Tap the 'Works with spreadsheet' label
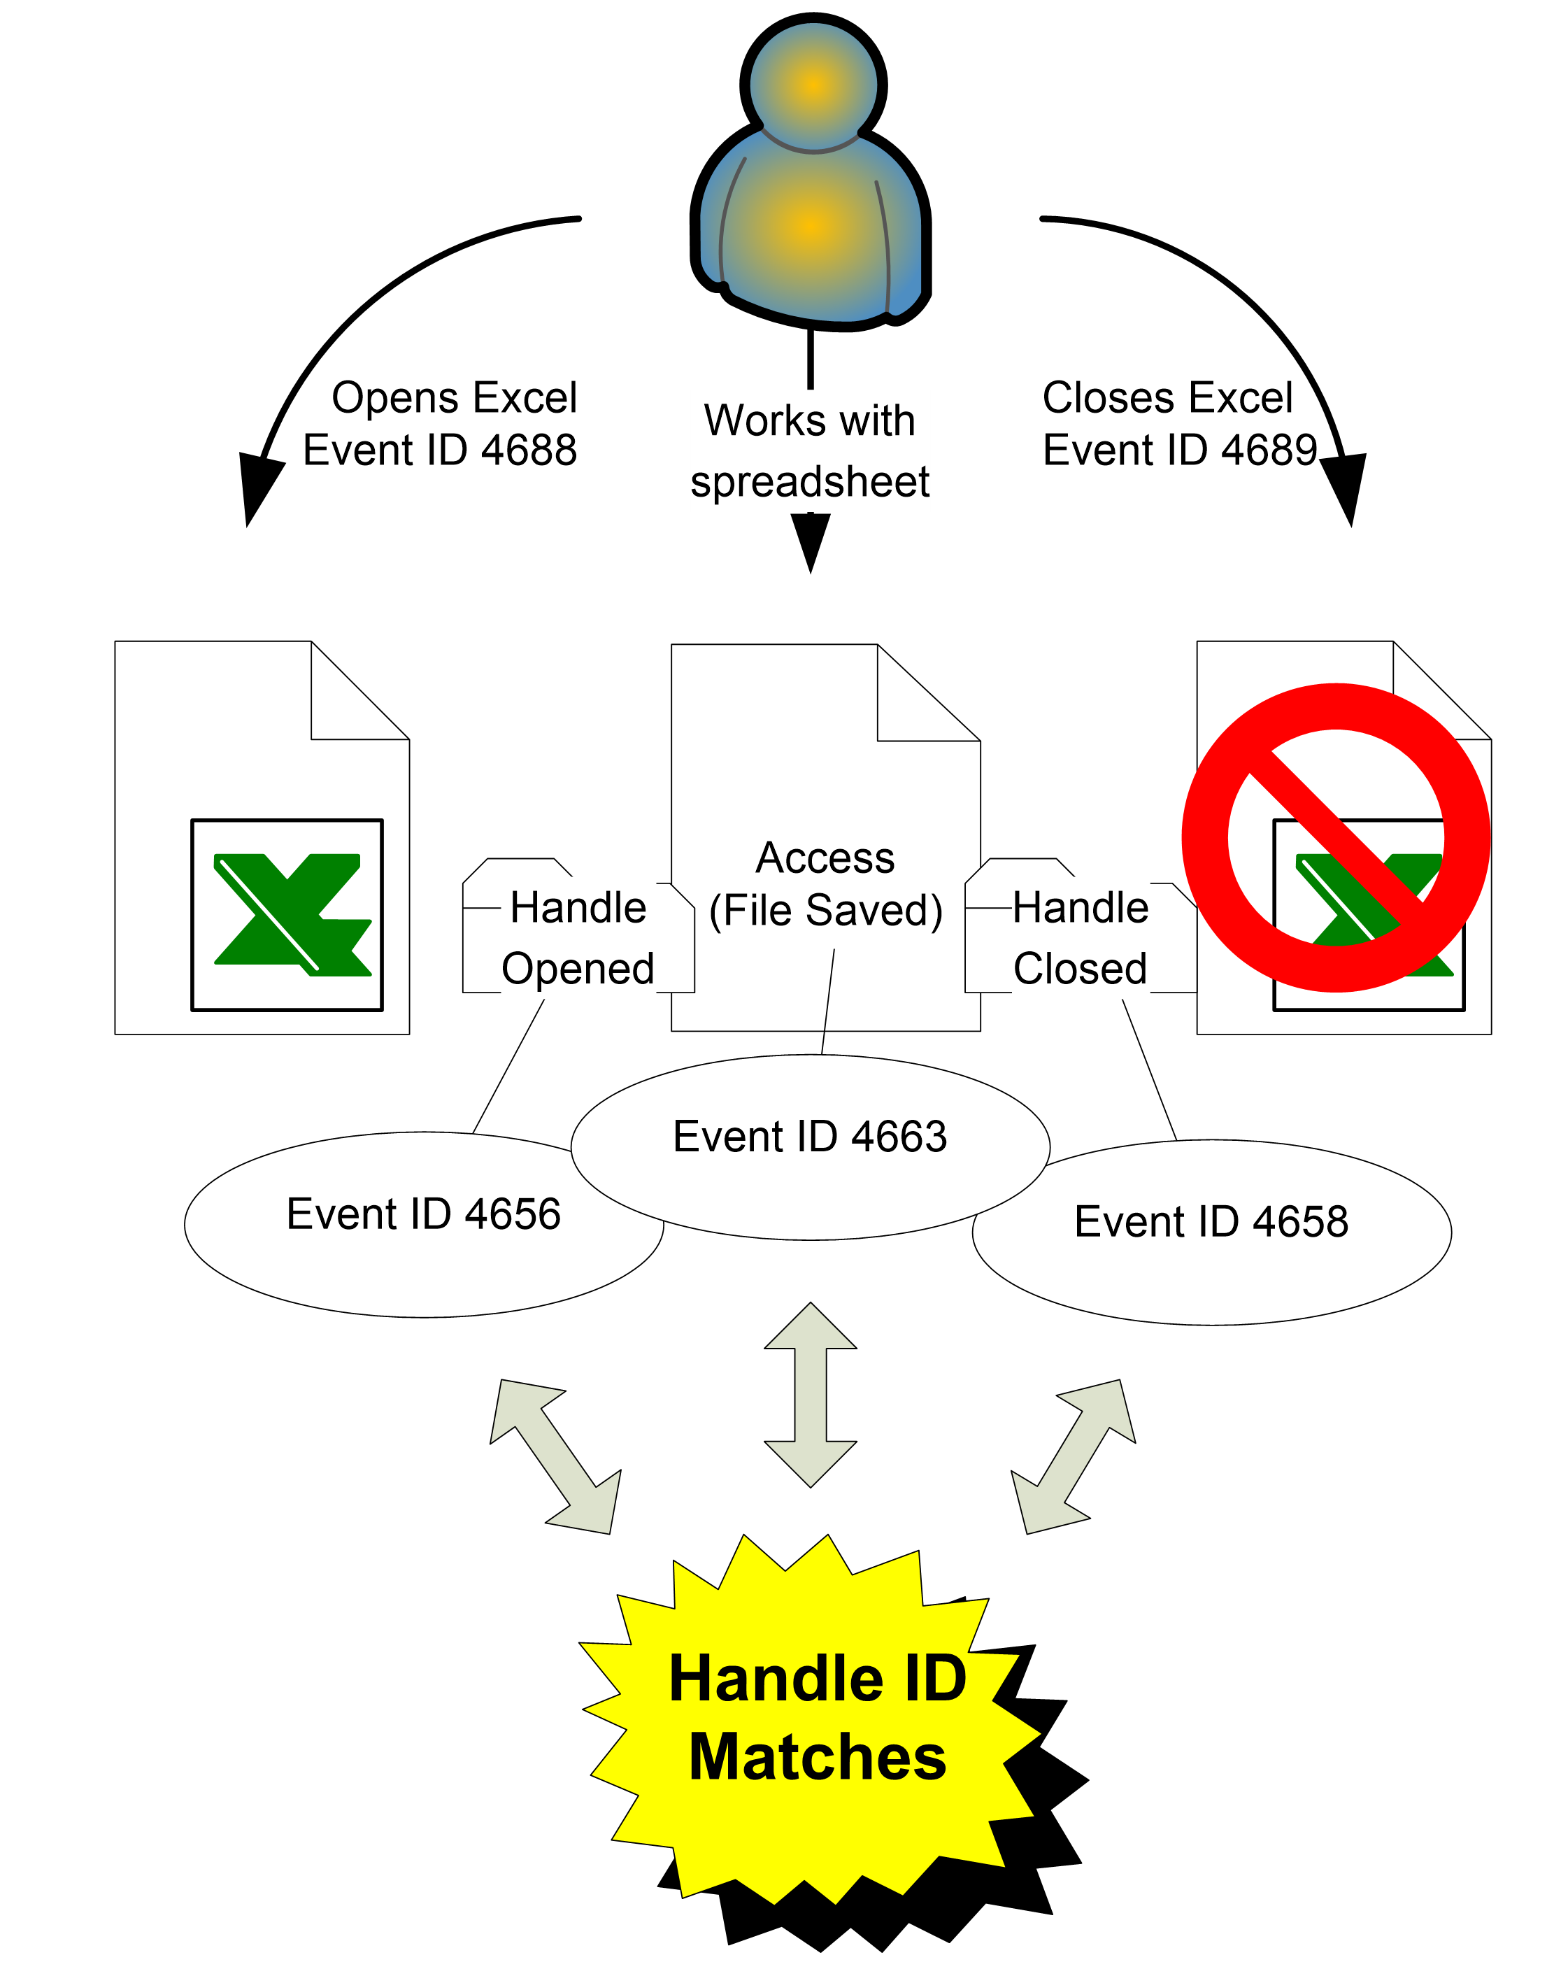[810, 450]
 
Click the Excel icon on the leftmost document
[287, 914]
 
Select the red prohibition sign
[1335, 838]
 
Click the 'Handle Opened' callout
[578, 937]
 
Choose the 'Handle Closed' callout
[1080, 937]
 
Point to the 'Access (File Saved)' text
[825, 884]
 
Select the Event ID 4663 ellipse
[810, 1146]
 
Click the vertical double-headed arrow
[811, 1395]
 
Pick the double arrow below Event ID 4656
[556, 1456]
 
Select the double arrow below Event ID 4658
[1074, 1456]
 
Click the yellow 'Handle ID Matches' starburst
[811, 1721]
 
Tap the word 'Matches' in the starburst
[817, 1757]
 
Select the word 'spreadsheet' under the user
[810, 481]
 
